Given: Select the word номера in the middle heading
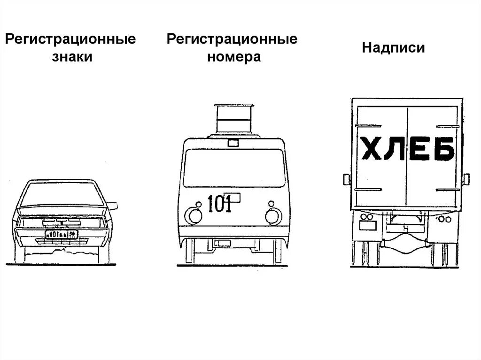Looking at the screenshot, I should click(x=232, y=57).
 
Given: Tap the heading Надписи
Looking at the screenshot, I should click(x=394, y=48).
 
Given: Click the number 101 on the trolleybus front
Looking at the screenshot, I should click(x=219, y=205).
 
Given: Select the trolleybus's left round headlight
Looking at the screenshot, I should click(x=193, y=215).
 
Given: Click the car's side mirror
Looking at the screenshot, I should click(x=113, y=206).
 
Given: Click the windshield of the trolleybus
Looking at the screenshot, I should click(x=233, y=168).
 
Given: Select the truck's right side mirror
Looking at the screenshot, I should click(x=466, y=179).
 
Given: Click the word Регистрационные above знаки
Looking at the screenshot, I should click(x=70, y=38).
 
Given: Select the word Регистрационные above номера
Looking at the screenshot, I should click(x=232, y=38).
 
